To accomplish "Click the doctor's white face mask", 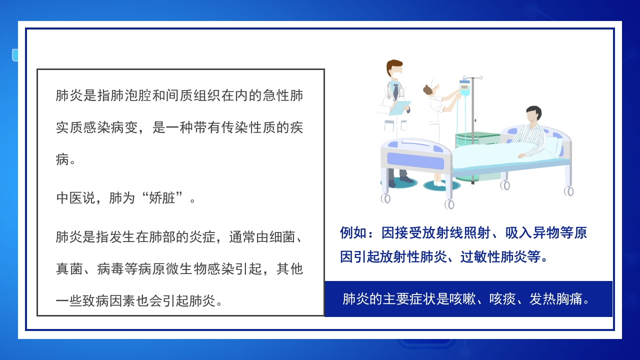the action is [396, 75].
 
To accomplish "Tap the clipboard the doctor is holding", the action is [400, 108].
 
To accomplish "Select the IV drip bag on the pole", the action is [464, 87].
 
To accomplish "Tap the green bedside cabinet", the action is [476, 155].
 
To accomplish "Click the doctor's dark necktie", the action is [395, 91].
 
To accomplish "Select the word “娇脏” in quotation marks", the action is [161, 197].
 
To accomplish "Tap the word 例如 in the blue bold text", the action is [353, 233].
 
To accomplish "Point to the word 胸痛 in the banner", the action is [569, 299].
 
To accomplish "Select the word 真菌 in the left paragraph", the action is [69, 269].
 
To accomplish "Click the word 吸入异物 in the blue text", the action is [531, 233].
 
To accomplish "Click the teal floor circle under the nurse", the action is [441, 185].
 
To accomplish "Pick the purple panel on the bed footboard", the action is [415, 161].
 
